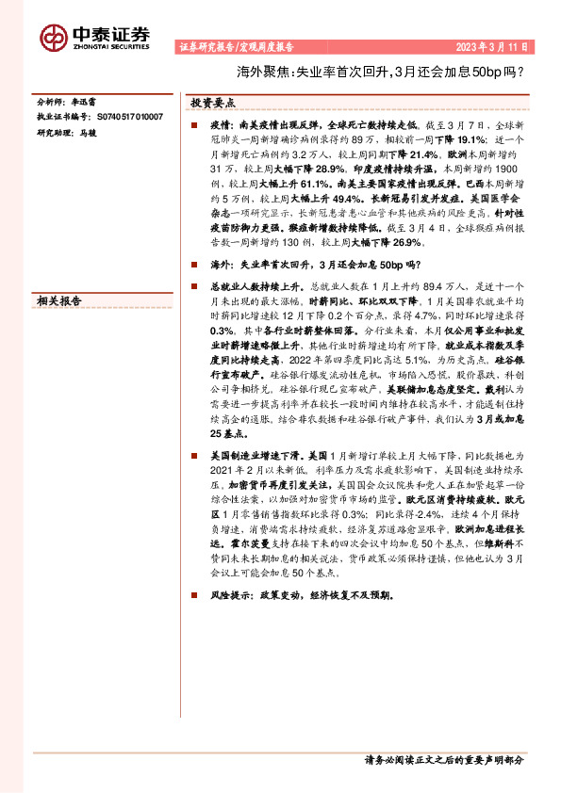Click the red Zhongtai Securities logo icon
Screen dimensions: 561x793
click(x=53, y=36)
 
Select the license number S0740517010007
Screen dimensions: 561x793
click(x=129, y=116)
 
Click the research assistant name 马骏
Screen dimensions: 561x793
click(x=88, y=132)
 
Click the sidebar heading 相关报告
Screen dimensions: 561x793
click(x=58, y=299)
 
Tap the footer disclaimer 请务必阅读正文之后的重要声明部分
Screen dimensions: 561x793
click(x=443, y=758)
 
